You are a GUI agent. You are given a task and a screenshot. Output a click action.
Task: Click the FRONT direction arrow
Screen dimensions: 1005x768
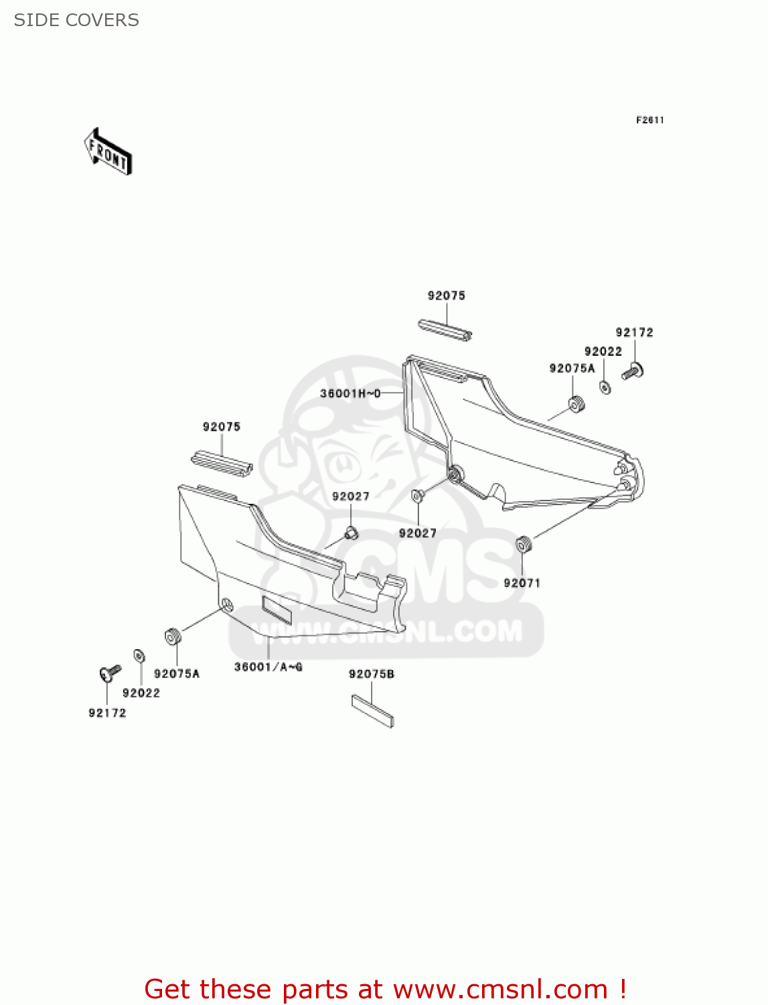tap(108, 152)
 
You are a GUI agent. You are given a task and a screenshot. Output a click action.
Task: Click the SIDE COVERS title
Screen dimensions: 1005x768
tap(76, 20)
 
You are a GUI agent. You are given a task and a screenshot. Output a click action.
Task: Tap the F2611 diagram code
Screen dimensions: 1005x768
tap(649, 120)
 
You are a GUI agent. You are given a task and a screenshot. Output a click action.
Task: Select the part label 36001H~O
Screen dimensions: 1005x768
tap(350, 393)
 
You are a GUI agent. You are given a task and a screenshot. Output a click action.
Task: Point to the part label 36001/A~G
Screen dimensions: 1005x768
tap(268, 667)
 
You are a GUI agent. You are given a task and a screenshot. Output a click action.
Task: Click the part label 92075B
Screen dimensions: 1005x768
tap(371, 674)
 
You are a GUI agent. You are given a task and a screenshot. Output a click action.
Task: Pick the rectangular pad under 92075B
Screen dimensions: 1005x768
tap(373, 710)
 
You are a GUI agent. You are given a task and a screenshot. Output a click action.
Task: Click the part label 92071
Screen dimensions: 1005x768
tap(522, 583)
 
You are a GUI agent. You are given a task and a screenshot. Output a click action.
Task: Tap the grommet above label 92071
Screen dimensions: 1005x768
tap(523, 545)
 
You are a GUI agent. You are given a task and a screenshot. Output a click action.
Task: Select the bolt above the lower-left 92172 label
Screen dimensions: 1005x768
tap(109, 672)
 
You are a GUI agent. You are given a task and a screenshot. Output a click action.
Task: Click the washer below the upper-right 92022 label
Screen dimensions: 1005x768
tap(605, 387)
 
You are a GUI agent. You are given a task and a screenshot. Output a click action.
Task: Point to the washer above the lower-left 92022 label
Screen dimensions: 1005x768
tap(140, 656)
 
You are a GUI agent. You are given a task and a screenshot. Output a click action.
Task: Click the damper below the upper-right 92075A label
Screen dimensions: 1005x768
tap(576, 405)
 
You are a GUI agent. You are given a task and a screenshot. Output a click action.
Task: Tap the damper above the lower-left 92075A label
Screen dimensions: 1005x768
tap(172, 636)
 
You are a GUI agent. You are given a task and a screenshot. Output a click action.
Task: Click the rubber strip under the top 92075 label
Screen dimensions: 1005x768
tap(445, 330)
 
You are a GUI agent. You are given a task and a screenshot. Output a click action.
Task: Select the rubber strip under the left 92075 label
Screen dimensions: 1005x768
tap(222, 464)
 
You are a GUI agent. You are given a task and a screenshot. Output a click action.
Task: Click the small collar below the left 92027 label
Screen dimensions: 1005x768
tap(351, 533)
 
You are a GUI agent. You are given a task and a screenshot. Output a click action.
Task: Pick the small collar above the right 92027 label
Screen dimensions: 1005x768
tap(417, 496)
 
